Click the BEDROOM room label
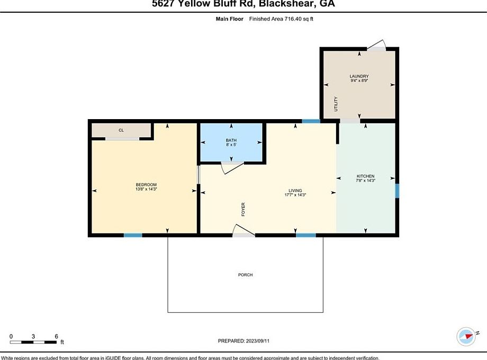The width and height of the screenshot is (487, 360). [146, 184]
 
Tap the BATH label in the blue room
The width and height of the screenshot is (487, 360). [231, 140]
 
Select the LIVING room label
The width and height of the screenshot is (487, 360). [295, 190]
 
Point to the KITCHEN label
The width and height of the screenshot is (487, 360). [365, 176]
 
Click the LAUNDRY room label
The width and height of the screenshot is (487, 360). [359, 76]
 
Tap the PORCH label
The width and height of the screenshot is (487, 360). [245, 275]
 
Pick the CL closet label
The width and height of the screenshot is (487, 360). [121, 130]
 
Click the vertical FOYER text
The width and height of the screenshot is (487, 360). [243, 209]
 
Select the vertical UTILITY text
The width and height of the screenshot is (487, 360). [336, 103]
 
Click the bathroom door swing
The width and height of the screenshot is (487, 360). [232, 167]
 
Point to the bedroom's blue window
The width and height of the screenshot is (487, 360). [133, 235]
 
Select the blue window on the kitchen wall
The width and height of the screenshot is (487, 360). [397, 191]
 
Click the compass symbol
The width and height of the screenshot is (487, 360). [466, 336]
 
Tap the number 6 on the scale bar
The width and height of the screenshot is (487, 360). [56, 336]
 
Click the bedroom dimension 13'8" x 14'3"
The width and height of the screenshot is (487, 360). [146, 189]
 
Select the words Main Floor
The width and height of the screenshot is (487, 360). [229, 19]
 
